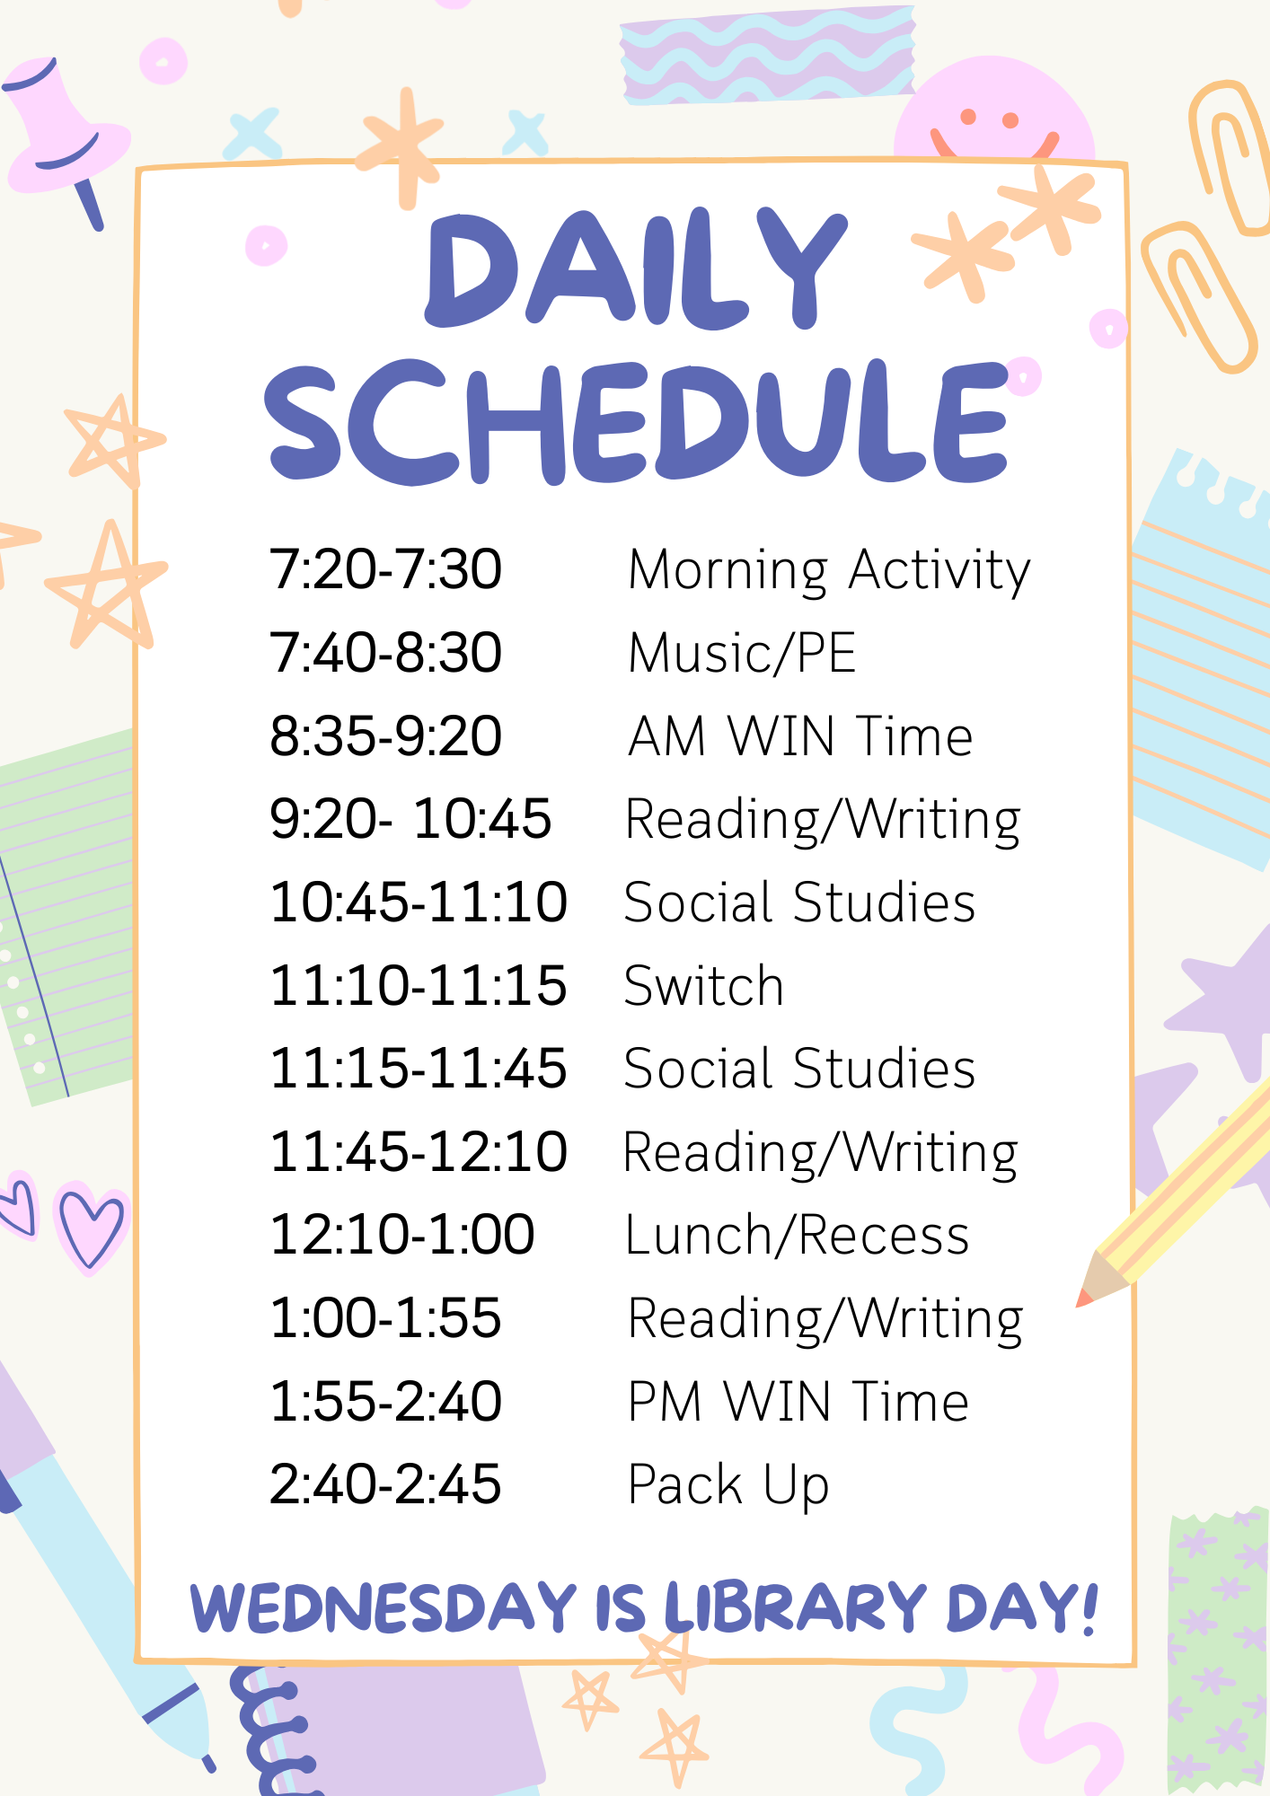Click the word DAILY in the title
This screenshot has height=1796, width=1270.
[x=636, y=269]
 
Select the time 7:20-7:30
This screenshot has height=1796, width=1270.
[x=385, y=569]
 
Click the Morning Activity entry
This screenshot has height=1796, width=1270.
[x=829, y=571]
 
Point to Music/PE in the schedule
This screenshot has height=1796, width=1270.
[x=742, y=653]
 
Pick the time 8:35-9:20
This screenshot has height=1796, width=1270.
[x=385, y=736]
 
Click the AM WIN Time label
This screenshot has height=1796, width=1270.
[x=800, y=736]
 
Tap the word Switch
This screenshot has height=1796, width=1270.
[x=704, y=986]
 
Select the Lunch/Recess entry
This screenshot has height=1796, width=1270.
[x=798, y=1236]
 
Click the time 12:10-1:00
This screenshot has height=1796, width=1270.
[x=401, y=1235]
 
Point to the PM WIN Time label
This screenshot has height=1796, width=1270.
[x=798, y=1402]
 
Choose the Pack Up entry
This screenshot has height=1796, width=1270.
[x=728, y=1486]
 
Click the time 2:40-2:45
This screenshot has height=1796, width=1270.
[x=385, y=1484]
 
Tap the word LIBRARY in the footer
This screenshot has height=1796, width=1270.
[x=796, y=1607]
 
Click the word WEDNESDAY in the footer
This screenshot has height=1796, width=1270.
[x=384, y=1607]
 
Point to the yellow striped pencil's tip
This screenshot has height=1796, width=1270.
[x=1083, y=1299]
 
